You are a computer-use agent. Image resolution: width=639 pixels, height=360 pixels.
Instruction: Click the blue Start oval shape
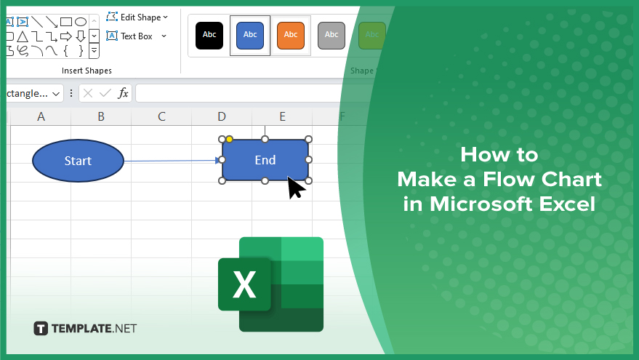pyautogui.click(x=78, y=161)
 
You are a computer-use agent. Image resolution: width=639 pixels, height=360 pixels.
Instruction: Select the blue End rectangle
pyautogui.click(x=265, y=160)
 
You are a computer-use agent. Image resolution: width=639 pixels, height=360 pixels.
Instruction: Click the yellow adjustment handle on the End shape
pyautogui.click(x=230, y=140)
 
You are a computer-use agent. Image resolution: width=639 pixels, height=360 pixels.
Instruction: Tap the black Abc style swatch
pyautogui.click(x=209, y=36)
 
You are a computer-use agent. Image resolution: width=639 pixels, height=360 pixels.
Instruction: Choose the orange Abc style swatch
pyautogui.click(x=291, y=36)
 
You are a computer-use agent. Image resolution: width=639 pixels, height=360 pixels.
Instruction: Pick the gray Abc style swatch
pyautogui.click(x=331, y=36)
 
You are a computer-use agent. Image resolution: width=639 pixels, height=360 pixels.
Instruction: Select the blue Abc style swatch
pyautogui.click(x=250, y=36)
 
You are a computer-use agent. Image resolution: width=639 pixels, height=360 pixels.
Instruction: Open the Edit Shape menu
pyautogui.click(x=137, y=17)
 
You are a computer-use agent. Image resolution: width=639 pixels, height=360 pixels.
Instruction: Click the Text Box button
pyautogui.click(x=136, y=36)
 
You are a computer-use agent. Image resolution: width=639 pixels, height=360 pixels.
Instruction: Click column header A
pyautogui.click(x=41, y=116)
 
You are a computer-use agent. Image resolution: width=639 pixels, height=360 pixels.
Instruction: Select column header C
pyautogui.click(x=161, y=116)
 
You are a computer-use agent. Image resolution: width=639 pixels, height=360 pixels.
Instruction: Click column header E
pyautogui.click(x=282, y=116)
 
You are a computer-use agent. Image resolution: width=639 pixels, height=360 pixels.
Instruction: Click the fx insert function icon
pyautogui.click(x=123, y=93)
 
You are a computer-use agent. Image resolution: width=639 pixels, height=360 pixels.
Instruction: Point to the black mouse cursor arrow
pyautogui.click(x=295, y=187)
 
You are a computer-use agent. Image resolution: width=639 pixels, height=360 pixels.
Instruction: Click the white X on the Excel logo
pyautogui.click(x=244, y=284)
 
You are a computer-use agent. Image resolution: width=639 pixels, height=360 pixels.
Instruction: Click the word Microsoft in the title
pyautogui.click(x=482, y=204)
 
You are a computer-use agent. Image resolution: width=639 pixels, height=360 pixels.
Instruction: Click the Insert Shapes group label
pyautogui.click(x=87, y=71)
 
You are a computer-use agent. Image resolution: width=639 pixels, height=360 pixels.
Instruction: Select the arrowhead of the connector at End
pyautogui.click(x=218, y=161)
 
